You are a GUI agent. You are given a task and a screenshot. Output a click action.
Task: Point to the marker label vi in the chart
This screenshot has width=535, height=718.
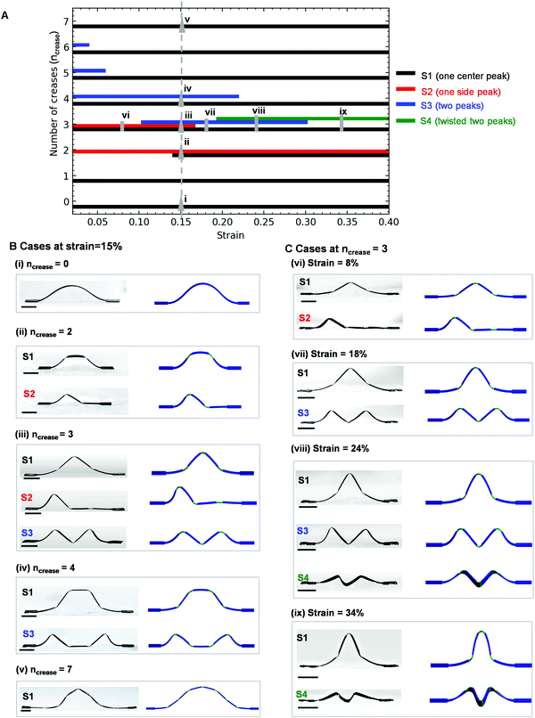[x=126, y=115]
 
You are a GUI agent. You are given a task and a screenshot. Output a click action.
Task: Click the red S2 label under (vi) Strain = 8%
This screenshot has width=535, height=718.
[x=305, y=316]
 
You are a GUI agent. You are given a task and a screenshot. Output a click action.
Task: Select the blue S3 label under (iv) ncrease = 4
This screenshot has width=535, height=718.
[x=29, y=627]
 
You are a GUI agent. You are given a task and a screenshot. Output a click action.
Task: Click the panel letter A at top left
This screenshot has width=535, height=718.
[x=11, y=8]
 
